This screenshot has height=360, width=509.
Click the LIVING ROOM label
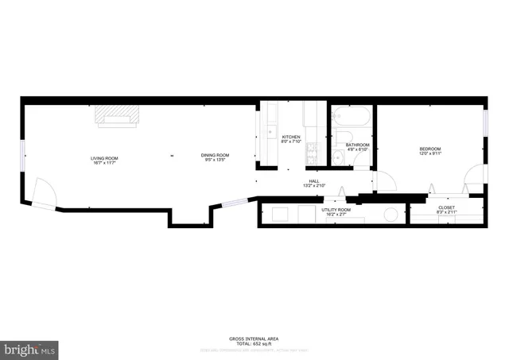pos(103,160)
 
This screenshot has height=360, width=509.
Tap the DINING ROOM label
pos(215,156)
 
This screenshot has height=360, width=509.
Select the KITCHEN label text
pos(291,138)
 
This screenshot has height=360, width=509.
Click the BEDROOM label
pos(430,149)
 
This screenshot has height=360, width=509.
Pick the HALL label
pos(315,182)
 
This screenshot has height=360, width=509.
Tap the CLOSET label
pos(446,208)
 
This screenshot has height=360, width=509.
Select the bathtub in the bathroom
pos(351,117)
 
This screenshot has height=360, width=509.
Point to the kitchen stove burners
pos(312,147)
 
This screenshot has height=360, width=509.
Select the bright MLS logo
pos(30,348)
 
